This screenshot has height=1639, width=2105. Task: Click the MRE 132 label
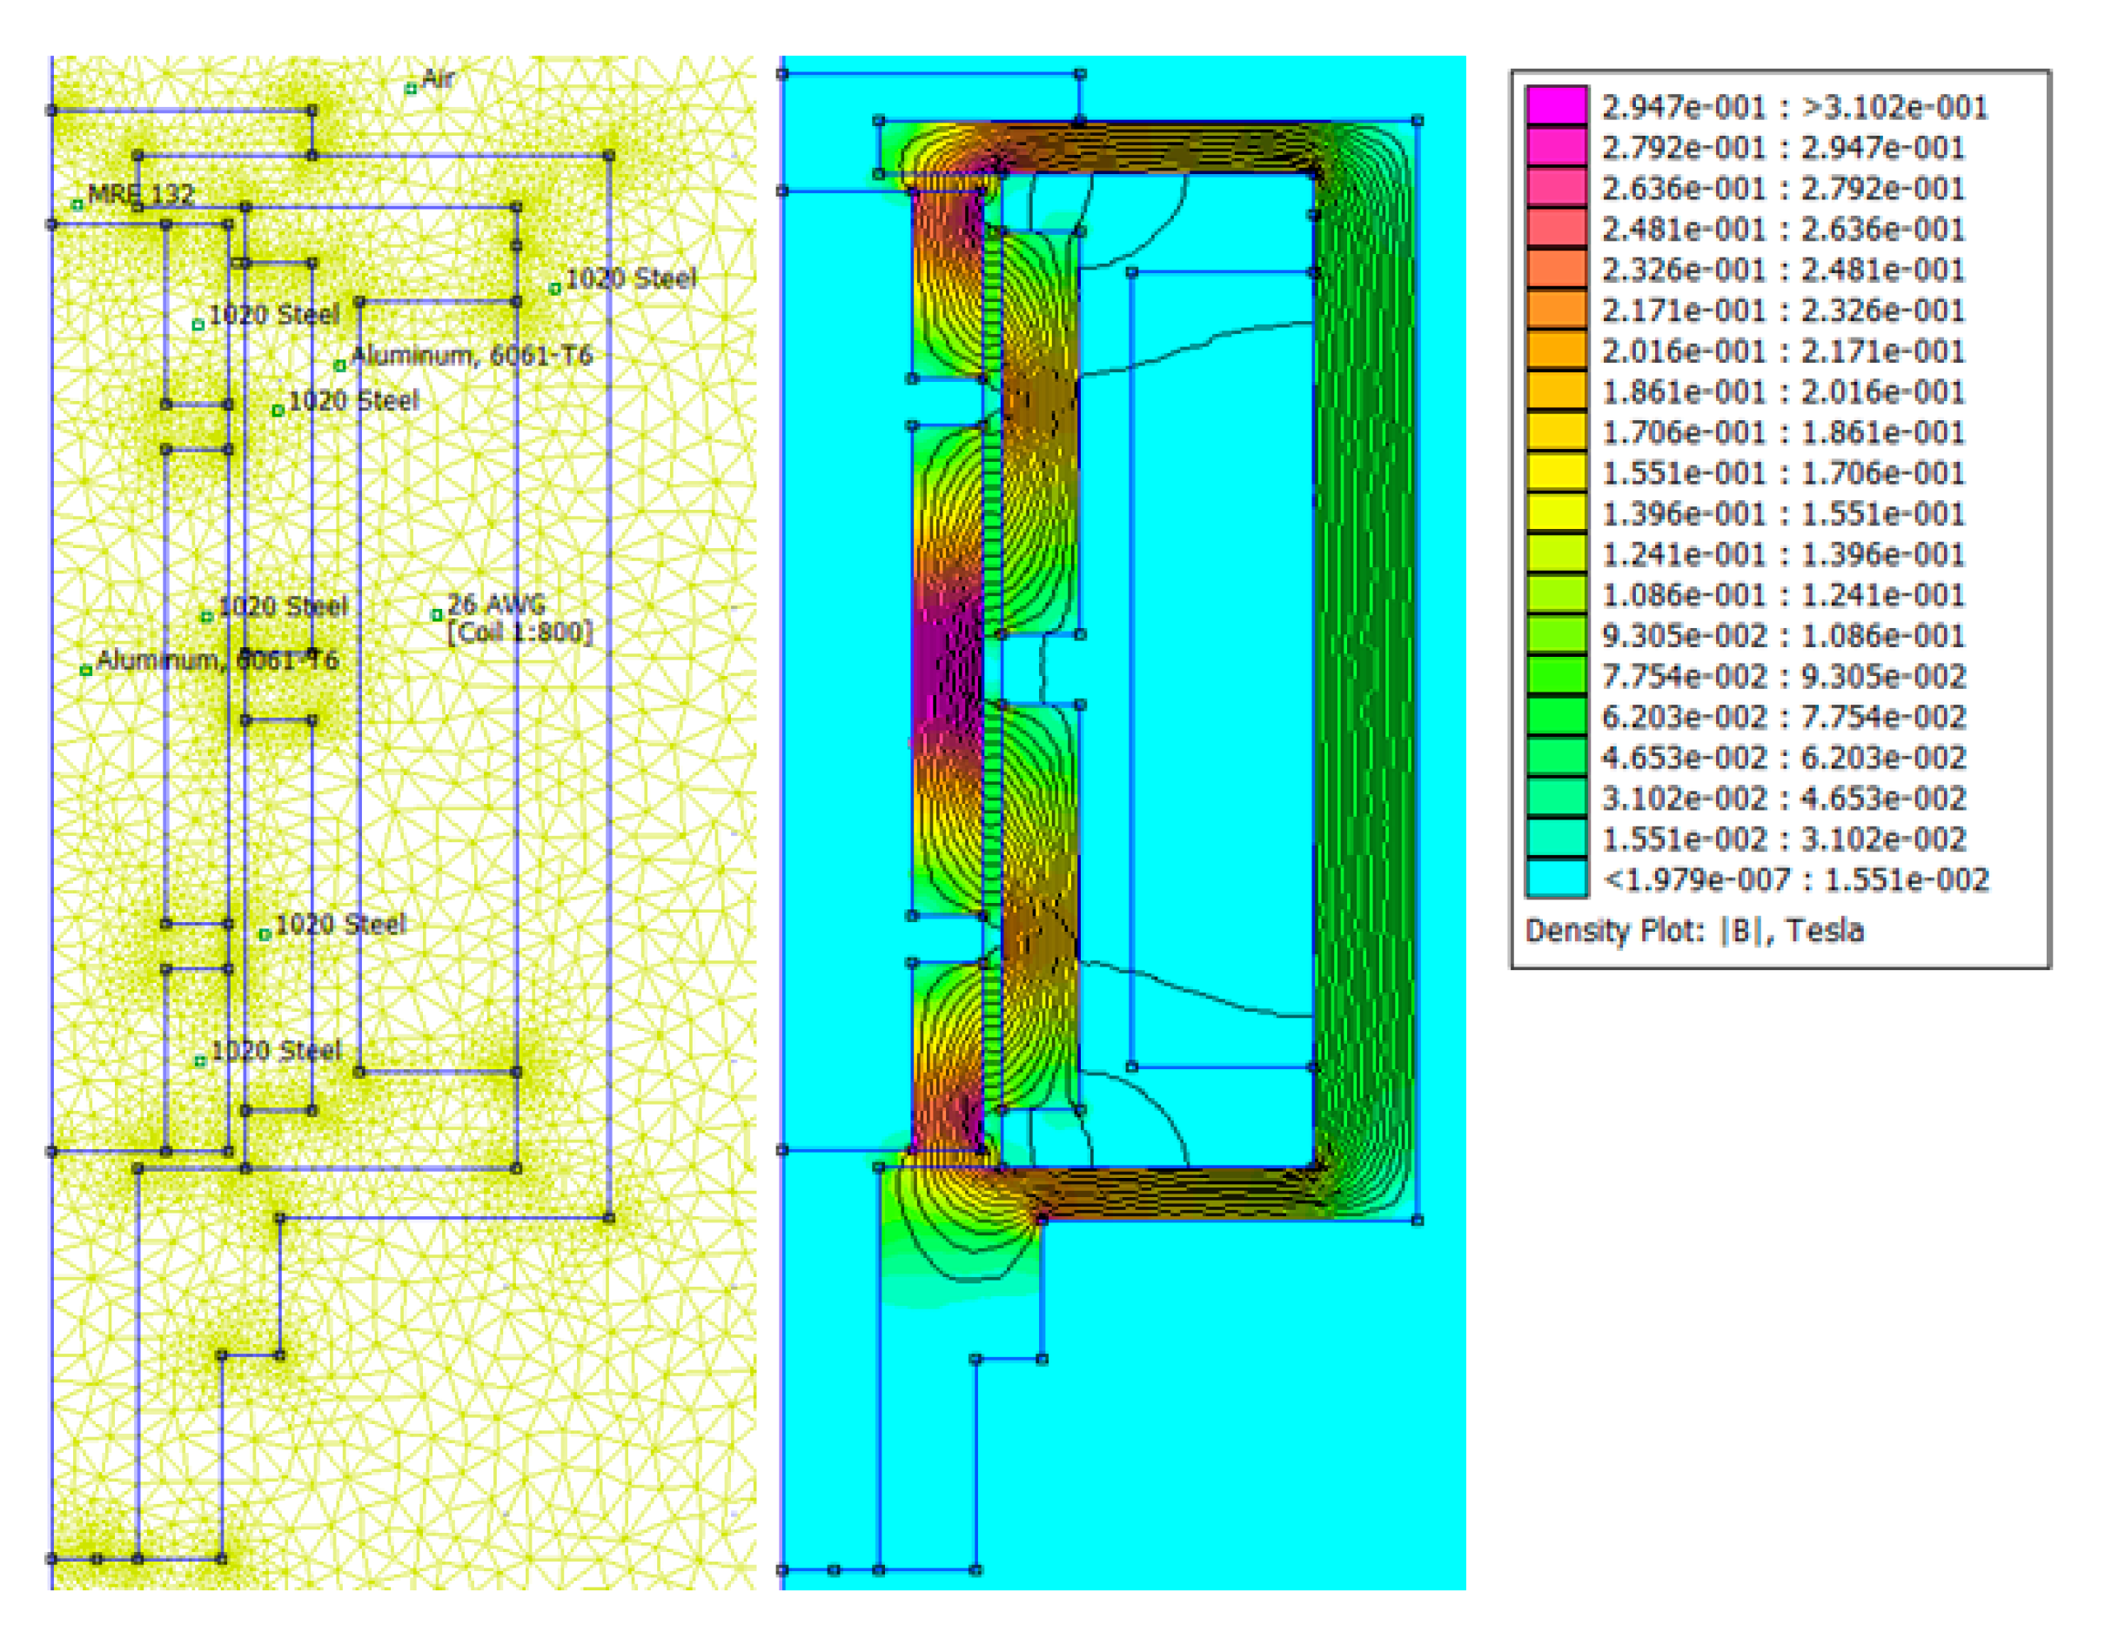[x=141, y=194]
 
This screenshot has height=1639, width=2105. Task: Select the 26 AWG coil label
[x=495, y=604]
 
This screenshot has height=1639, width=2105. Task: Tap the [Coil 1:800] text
[x=520, y=632]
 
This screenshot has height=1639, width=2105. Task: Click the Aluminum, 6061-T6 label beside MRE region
[x=217, y=660]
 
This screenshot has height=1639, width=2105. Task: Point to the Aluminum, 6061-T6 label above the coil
[x=471, y=356]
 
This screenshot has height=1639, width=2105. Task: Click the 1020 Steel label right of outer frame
[x=630, y=278]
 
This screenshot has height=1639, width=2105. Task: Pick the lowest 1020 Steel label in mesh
[x=276, y=1050]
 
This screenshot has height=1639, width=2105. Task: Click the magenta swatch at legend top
[x=1556, y=106]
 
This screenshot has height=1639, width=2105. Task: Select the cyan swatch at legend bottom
[x=1556, y=878]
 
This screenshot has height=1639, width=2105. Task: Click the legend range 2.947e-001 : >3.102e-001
[x=1793, y=107]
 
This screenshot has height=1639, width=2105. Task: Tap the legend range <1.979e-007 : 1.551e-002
[x=1793, y=879]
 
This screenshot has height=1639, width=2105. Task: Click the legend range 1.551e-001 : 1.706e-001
[x=1782, y=473]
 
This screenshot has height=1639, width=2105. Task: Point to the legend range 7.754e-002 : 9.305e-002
[x=1782, y=677]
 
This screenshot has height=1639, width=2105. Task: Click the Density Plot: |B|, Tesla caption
[x=1693, y=930]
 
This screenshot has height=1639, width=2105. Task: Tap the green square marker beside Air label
[x=411, y=89]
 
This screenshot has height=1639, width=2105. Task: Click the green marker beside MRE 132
[x=77, y=204]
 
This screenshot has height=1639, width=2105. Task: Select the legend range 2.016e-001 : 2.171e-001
[x=1782, y=351]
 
